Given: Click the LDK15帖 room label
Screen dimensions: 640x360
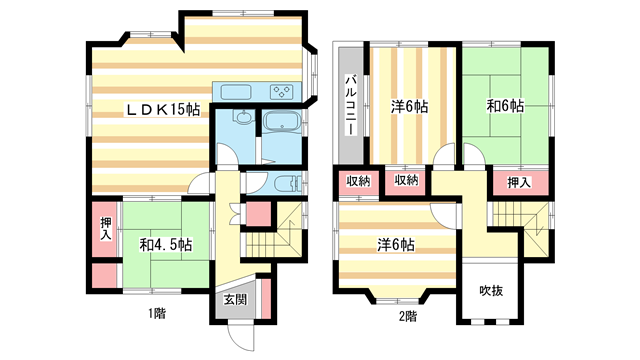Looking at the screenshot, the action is click(162, 109).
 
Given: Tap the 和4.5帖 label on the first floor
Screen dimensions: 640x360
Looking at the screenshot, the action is click(166, 245).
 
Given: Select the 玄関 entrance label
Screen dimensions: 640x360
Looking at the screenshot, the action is click(236, 300).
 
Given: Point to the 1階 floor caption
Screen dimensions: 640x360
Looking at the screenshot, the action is click(157, 313).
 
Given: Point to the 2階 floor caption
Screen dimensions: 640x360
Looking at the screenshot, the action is click(408, 316).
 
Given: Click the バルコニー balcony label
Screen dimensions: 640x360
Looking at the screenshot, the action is click(351, 104).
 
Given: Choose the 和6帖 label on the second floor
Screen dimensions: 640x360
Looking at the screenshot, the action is click(505, 106).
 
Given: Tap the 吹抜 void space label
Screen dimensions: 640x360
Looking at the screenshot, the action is click(491, 291).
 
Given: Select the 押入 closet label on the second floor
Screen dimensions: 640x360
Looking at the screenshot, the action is click(518, 182).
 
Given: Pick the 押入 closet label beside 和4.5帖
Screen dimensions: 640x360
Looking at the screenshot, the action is click(106, 229).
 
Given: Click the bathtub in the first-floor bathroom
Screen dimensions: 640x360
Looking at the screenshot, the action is click(282, 121).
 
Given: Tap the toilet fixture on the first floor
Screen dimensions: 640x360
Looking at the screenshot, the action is click(287, 183).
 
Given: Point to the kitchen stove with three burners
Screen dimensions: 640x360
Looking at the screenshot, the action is click(282, 92).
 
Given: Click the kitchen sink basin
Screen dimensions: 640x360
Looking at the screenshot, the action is click(236, 92).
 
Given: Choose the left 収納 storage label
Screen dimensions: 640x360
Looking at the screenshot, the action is click(358, 180).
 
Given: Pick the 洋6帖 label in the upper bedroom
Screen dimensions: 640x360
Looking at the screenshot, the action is click(409, 107).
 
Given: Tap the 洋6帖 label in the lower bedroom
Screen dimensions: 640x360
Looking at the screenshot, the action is click(396, 245).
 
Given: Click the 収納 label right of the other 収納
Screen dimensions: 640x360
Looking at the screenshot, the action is click(406, 180).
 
